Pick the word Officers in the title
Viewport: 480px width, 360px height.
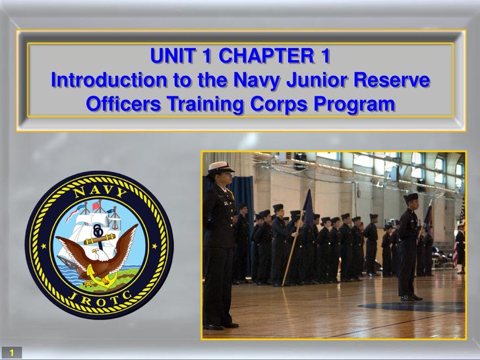[x=123, y=104]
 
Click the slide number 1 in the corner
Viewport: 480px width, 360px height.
[x=11, y=353]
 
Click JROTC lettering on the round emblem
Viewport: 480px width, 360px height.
[x=99, y=297]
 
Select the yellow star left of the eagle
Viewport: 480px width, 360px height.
[x=42, y=247]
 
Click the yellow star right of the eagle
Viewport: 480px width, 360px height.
[x=156, y=247]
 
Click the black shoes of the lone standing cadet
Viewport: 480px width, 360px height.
[x=408, y=297]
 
